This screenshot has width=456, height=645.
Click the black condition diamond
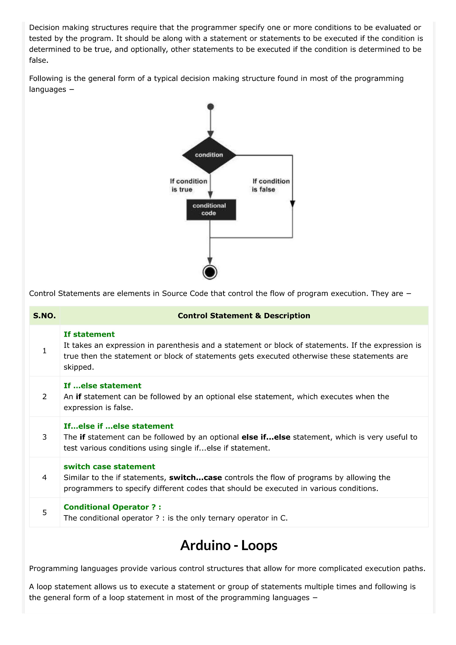(x=209, y=155)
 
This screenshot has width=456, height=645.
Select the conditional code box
(x=211, y=210)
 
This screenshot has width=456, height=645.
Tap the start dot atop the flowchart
(x=210, y=107)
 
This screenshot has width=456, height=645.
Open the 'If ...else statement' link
(x=102, y=385)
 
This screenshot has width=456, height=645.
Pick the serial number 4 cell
(x=44, y=477)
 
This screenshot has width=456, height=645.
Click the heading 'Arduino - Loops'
(x=229, y=545)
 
